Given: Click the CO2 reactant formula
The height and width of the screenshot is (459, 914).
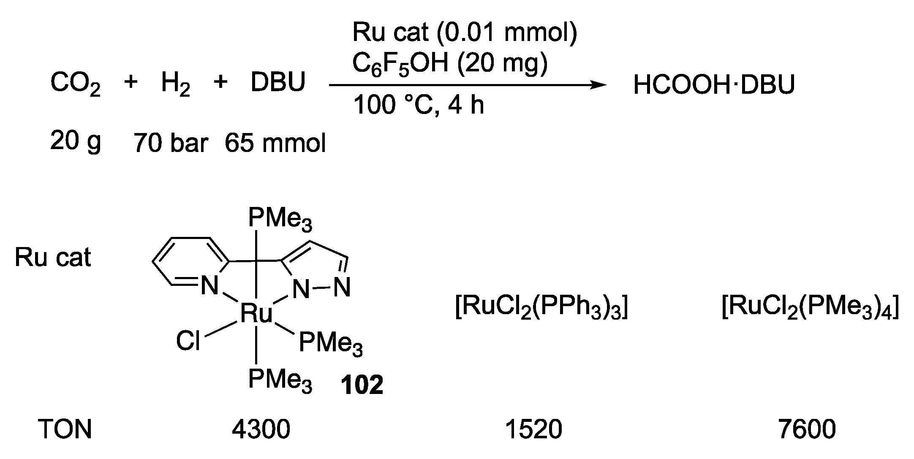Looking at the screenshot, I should [75, 84].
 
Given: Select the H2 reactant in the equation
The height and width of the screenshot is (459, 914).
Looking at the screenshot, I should [175, 84].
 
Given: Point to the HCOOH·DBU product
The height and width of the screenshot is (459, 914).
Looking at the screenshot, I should [713, 85].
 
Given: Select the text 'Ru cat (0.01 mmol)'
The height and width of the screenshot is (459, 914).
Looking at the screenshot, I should [465, 33].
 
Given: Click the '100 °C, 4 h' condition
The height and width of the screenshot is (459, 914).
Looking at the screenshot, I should [418, 105].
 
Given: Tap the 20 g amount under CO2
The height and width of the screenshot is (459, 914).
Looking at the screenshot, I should [75, 141].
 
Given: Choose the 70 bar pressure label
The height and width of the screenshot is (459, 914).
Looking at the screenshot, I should [171, 144].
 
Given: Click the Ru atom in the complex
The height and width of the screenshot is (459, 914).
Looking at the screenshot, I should [256, 314].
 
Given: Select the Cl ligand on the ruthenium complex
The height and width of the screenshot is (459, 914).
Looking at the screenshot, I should [188, 340].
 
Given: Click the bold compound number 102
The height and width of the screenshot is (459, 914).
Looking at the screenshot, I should [362, 386].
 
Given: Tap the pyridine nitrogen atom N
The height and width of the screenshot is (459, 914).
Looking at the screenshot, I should [209, 287].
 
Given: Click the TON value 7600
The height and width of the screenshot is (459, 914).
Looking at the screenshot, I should [806, 429].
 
